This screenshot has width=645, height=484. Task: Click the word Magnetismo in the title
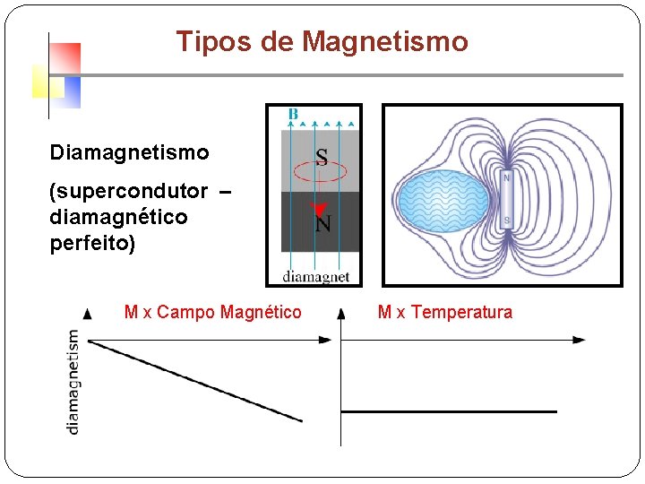385,42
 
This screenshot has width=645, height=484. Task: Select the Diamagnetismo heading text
129,153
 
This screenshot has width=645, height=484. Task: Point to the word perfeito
92,243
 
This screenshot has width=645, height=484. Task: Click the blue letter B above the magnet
293,114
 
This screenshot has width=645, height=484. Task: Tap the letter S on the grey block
321,158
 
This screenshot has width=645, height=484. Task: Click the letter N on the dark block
324,221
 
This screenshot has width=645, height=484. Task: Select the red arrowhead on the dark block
315,210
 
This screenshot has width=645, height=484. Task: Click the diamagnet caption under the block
315,277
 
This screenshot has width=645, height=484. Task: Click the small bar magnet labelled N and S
507,199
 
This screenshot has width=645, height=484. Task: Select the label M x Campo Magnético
212,312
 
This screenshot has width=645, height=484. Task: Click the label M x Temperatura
445,312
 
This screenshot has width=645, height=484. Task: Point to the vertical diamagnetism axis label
73,382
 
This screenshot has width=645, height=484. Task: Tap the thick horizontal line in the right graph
448,411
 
